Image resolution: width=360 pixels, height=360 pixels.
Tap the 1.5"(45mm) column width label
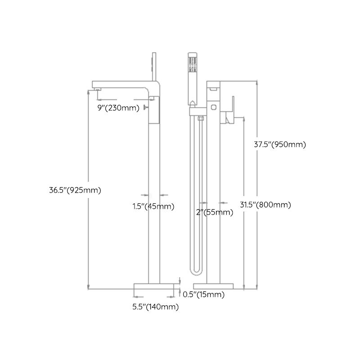tap(153, 207)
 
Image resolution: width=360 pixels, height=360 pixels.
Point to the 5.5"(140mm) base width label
tap(155, 307)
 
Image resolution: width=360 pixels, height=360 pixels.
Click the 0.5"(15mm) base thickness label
tap(203, 295)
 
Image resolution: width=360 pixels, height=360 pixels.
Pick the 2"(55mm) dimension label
tap(215, 212)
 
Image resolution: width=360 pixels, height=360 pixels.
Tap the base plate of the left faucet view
tap(155, 286)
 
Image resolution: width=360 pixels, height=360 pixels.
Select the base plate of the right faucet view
tap(213, 286)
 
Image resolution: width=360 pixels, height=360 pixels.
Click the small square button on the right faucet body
tap(213, 107)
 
